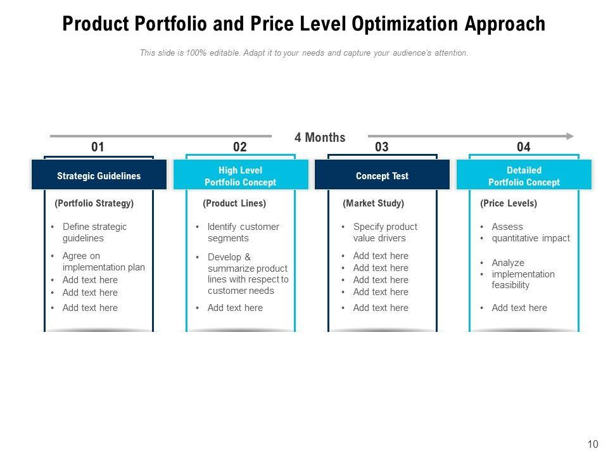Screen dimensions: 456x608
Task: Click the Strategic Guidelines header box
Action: click(99, 176)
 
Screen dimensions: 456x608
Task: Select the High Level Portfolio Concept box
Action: click(240, 176)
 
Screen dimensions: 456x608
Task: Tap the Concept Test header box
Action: click(382, 176)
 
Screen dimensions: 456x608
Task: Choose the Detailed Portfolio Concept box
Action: click(524, 176)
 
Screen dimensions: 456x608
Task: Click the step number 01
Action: click(98, 147)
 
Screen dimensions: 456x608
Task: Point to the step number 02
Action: click(239, 147)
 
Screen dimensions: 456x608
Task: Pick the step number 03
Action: click(381, 147)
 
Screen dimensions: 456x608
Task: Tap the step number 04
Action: click(523, 147)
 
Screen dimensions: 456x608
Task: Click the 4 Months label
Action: click(320, 137)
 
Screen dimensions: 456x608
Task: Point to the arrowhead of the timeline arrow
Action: click(570, 136)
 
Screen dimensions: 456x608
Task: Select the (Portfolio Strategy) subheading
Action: click(94, 203)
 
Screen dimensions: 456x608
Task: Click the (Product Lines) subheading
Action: click(234, 203)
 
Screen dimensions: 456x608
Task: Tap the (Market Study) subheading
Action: click(373, 203)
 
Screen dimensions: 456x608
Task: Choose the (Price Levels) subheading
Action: click(509, 203)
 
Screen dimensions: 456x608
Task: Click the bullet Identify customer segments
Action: click(243, 232)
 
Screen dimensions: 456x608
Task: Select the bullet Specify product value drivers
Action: click(384, 232)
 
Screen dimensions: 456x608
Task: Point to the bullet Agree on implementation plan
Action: click(103, 262)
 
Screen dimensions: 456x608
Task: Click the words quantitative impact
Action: click(531, 238)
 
